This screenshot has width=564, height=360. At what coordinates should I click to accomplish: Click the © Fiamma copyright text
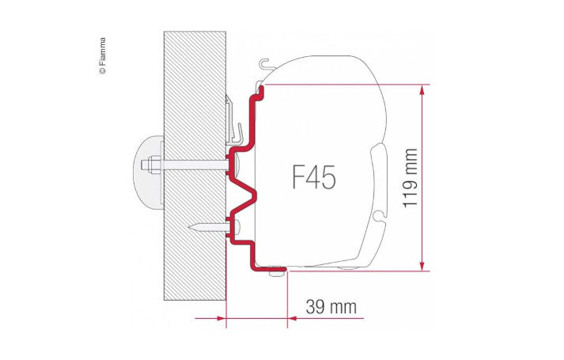tap(101, 55)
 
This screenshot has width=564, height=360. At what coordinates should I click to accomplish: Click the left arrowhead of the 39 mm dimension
tap(221, 319)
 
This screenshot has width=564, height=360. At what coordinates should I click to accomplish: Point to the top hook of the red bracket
tap(258, 93)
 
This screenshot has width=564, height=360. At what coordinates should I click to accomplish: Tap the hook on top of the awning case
tap(264, 64)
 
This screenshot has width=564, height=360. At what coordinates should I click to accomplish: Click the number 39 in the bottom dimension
tap(314, 305)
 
